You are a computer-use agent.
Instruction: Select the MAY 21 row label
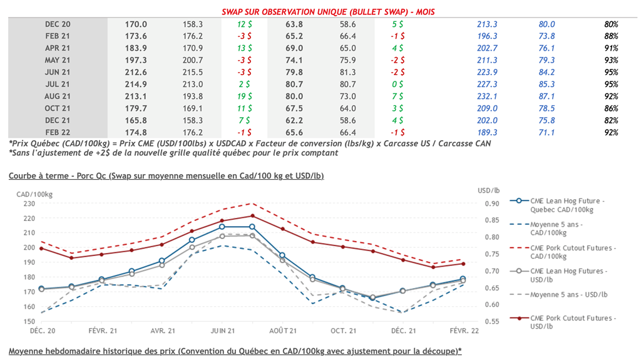(57, 60)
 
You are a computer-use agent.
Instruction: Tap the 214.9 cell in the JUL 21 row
(136, 84)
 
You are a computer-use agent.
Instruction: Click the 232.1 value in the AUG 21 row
(487, 96)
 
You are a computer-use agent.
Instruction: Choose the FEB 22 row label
(57, 133)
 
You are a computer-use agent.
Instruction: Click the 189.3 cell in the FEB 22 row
(487, 133)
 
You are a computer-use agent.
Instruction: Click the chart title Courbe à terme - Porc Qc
(166, 176)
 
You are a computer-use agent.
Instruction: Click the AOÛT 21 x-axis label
(282, 330)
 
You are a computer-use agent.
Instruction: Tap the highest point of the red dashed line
(252, 203)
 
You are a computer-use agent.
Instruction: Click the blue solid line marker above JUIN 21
(222, 227)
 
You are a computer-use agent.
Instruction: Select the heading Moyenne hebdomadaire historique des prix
(235, 351)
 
